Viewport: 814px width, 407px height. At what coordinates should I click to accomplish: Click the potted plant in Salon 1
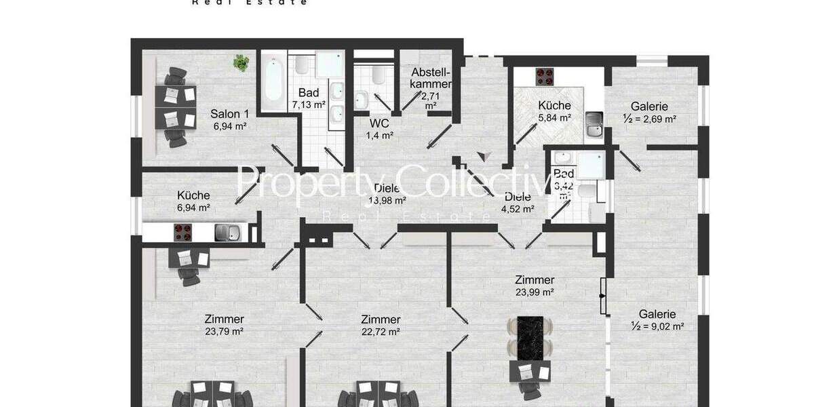pyautogui.click(x=241, y=63)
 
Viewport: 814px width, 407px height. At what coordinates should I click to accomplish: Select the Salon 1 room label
pyautogui.click(x=229, y=113)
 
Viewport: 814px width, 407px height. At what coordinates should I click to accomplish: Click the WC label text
pyautogui.click(x=379, y=123)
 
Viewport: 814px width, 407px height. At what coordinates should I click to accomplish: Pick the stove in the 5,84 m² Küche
pyautogui.click(x=545, y=75)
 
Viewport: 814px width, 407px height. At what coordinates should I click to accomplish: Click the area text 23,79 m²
pyautogui.click(x=224, y=332)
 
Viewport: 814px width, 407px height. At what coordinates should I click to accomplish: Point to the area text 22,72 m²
pyautogui.click(x=380, y=332)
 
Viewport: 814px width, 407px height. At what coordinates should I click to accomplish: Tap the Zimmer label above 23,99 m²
pyautogui.click(x=535, y=279)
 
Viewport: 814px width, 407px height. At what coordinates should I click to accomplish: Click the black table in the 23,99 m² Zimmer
pyautogui.click(x=532, y=339)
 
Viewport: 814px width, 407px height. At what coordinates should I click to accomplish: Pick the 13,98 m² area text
pyautogui.click(x=387, y=201)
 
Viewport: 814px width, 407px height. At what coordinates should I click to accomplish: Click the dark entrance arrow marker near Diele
pyautogui.click(x=483, y=157)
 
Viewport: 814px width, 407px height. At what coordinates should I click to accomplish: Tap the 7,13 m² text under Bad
pyautogui.click(x=309, y=105)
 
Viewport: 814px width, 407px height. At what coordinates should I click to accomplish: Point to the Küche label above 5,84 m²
pyautogui.click(x=554, y=105)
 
